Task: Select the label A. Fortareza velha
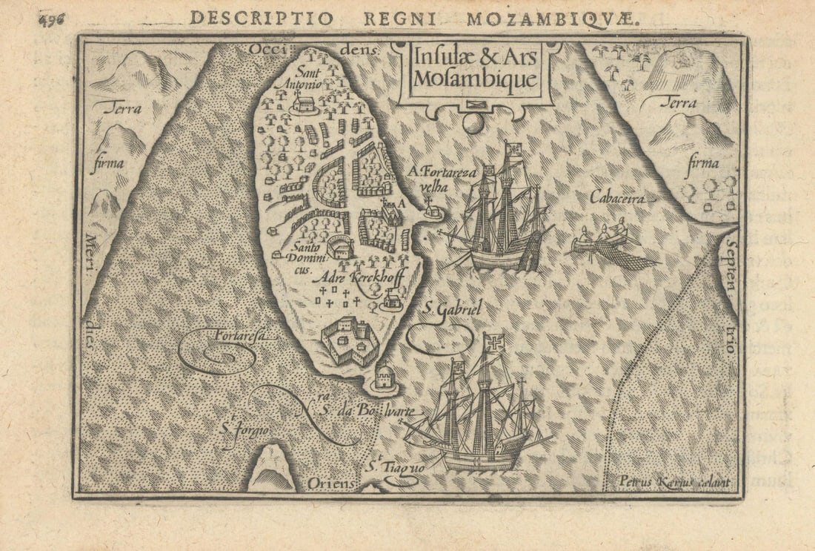point(442,179)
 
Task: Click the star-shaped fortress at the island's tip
point(350,341)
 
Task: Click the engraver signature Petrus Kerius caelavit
point(673,483)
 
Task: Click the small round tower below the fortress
point(383,377)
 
